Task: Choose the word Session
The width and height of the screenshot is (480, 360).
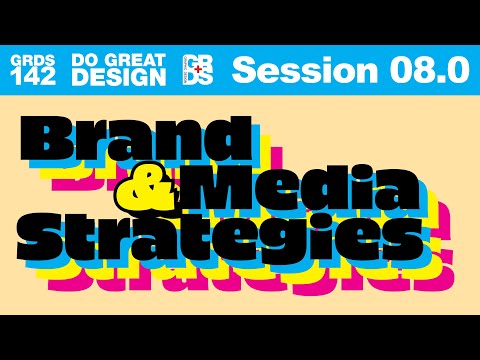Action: (289, 69)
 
